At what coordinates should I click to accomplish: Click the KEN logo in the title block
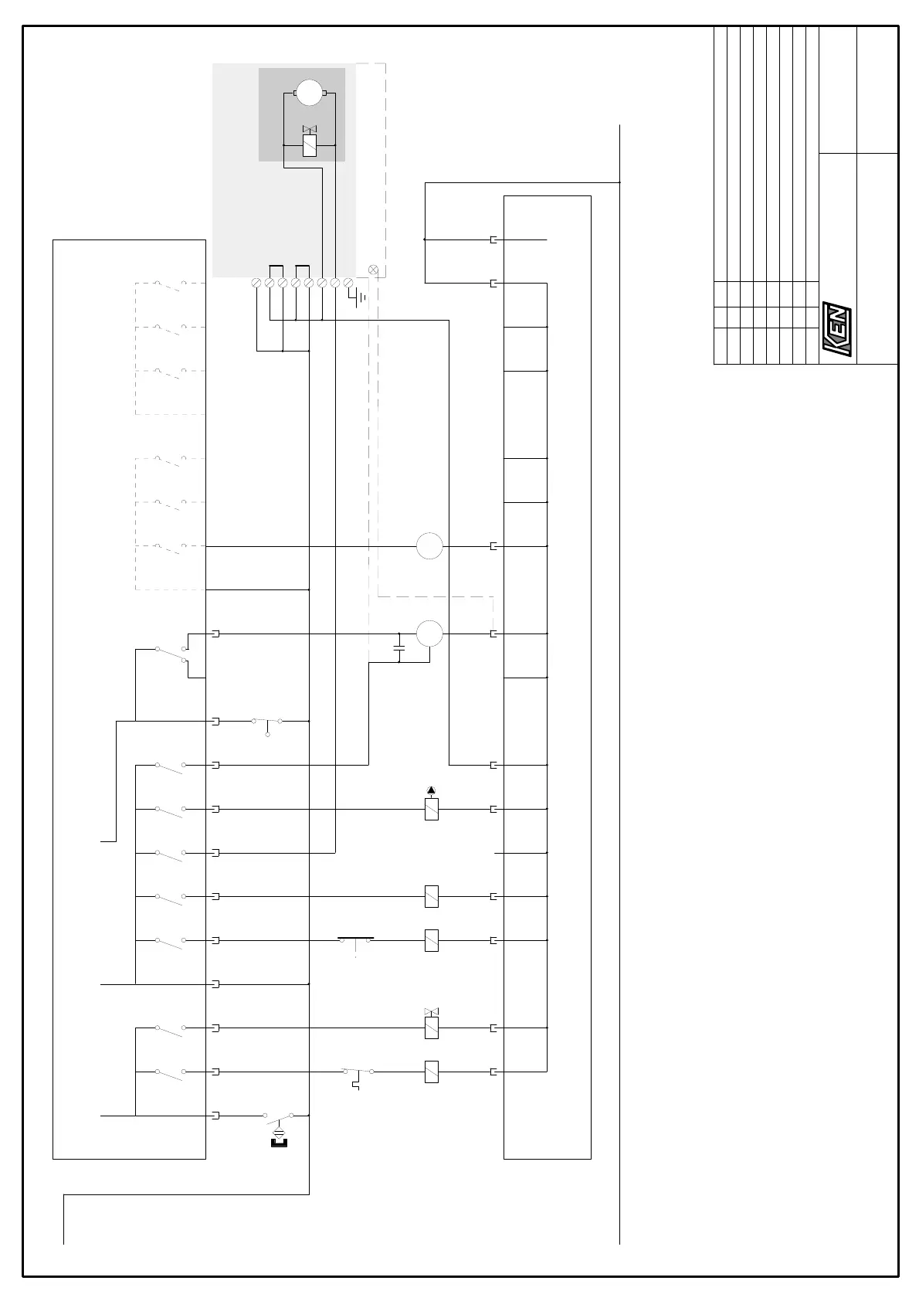point(836,329)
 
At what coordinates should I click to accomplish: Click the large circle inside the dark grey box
point(310,93)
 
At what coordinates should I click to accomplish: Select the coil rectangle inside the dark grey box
point(310,145)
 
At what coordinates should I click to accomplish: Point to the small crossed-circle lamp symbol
point(373,270)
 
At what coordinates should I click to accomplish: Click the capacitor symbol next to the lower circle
point(398,648)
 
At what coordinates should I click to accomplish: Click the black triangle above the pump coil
point(432,790)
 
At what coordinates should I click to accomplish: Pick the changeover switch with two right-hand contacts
point(172,654)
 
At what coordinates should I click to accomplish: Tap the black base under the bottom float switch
point(280,1143)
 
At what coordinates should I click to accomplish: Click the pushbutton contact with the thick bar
point(356,942)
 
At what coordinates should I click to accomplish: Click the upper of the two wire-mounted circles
point(429,546)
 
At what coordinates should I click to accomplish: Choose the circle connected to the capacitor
point(429,634)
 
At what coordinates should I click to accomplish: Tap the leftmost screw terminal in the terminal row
point(256,283)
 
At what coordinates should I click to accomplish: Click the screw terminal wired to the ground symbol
point(348,283)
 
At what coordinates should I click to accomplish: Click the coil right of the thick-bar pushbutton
point(432,940)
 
